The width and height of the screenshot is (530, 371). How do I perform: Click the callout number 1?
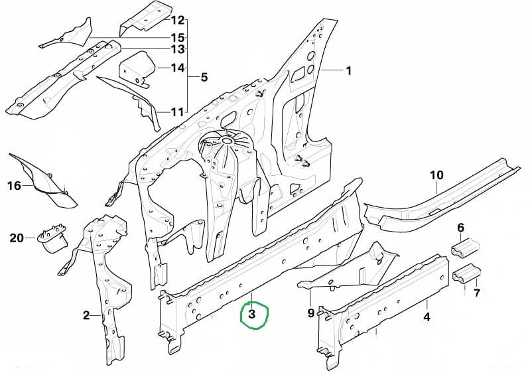pos(348,71)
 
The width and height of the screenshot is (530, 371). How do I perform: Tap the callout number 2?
pos(86,315)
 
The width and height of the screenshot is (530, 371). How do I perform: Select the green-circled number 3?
pos(252,314)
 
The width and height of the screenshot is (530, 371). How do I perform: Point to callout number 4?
pos(427,317)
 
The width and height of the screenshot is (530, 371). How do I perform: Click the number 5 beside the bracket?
pos(204,78)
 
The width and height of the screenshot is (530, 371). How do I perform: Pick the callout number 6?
pos(461,228)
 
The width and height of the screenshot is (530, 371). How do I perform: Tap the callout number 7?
pos(476,293)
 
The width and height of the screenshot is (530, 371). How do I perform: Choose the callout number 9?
pos(311,313)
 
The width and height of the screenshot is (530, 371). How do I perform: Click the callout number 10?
pos(436,175)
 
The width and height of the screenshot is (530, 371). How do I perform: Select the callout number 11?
pos(177,112)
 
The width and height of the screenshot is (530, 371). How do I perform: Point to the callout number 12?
pos(178,21)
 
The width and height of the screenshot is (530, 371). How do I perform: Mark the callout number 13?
pos(178,49)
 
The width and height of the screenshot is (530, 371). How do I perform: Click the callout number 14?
pos(178,68)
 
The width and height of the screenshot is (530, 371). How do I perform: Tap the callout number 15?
pos(178,37)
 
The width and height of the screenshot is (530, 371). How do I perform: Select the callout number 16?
pos(14,186)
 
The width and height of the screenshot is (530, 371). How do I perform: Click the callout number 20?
pos(17,238)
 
